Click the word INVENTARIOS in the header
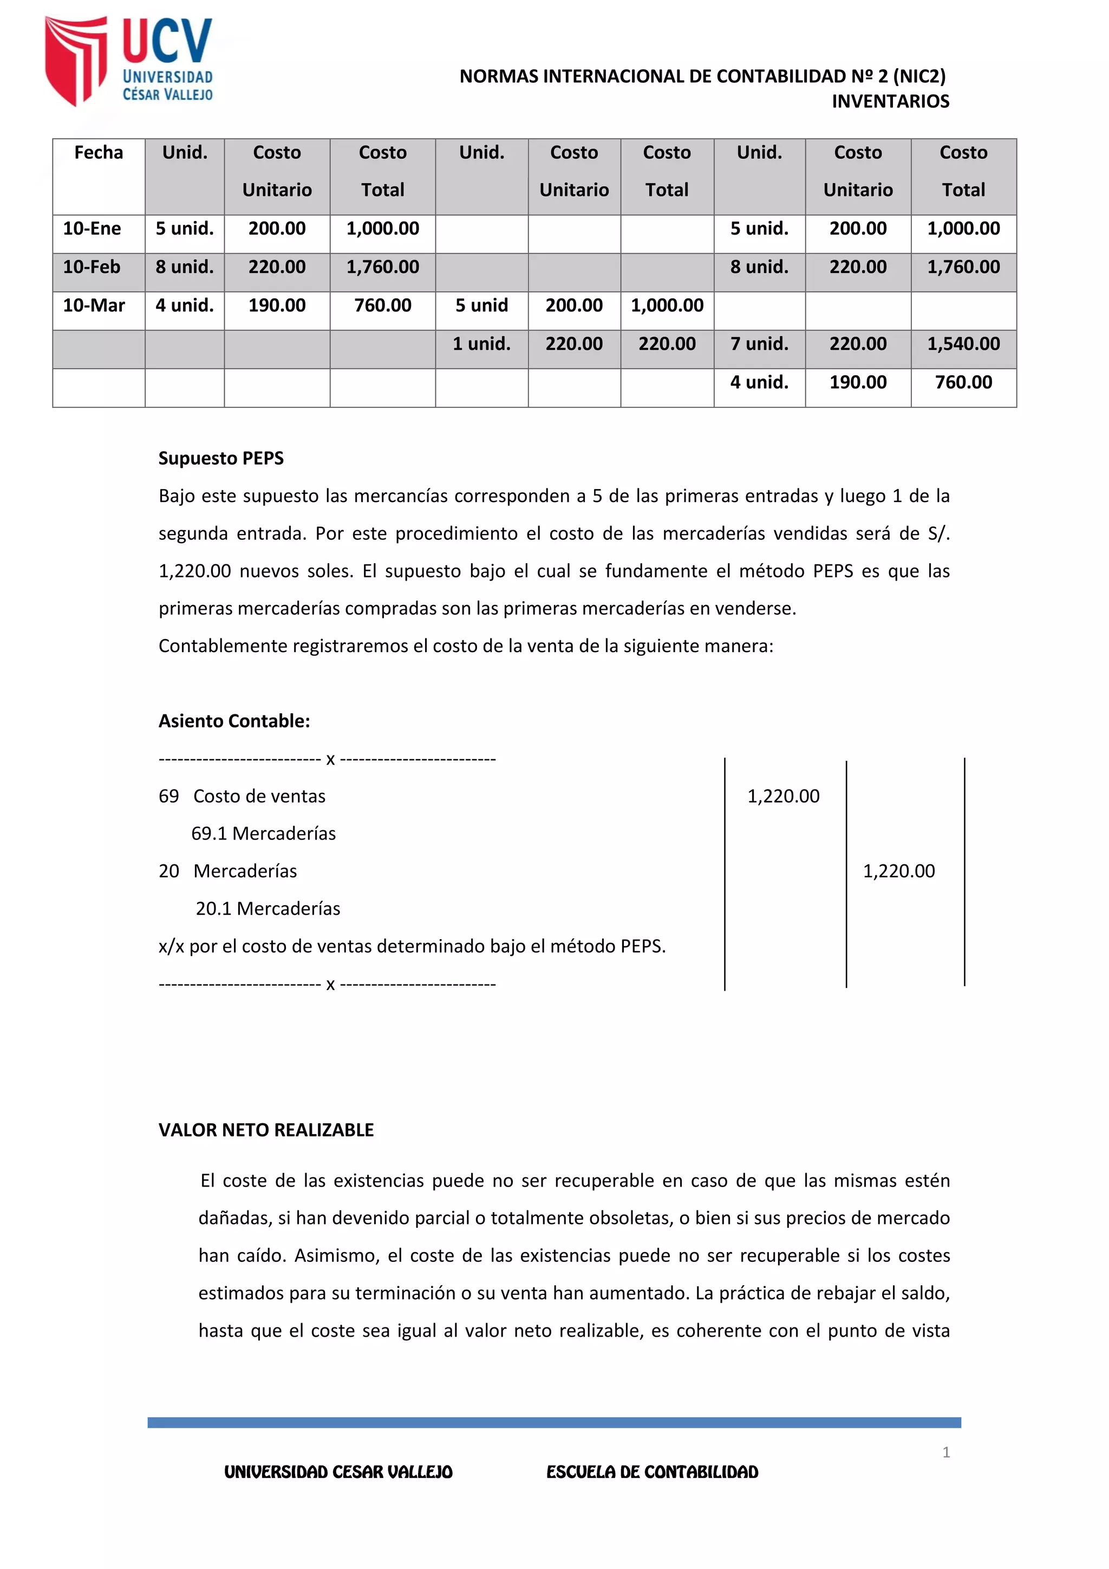coord(890,101)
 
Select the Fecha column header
coord(99,152)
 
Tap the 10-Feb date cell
coord(92,266)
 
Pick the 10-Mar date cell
coord(94,305)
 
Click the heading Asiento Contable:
coord(234,721)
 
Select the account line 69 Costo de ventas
coord(243,796)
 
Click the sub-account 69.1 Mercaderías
coord(264,834)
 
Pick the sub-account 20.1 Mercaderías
coord(268,909)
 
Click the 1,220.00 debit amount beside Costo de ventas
coord(783,796)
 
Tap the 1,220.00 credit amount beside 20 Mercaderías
coord(898,871)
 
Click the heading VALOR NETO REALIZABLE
coord(266,1130)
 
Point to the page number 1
coord(945,1452)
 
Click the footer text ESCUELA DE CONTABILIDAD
coord(652,1472)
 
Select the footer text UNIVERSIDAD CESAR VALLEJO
coord(338,1472)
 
